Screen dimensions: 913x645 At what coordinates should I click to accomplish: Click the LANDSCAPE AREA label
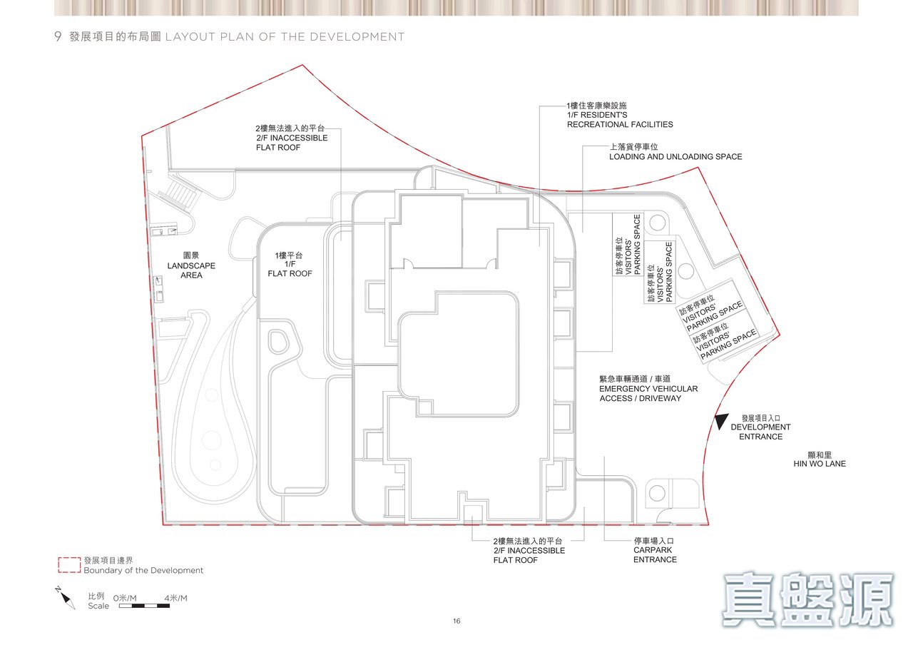pyautogui.click(x=191, y=265)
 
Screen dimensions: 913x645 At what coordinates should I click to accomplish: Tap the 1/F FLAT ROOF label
pyautogui.click(x=290, y=265)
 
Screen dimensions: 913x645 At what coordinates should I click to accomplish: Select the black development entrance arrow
pyautogui.click(x=720, y=421)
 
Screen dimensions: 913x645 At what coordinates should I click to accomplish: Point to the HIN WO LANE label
pyautogui.click(x=820, y=459)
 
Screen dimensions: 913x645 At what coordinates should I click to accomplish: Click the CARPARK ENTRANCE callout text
pyautogui.click(x=655, y=550)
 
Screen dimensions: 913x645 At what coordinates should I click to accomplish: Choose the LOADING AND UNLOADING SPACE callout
pyautogui.click(x=675, y=152)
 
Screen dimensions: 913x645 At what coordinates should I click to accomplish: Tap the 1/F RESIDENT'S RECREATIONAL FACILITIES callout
pyautogui.click(x=620, y=116)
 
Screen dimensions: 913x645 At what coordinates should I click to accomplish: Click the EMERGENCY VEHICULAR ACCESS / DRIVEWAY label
pyautogui.click(x=648, y=389)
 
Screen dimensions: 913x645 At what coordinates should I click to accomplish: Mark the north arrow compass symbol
pyautogui.click(x=65, y=598)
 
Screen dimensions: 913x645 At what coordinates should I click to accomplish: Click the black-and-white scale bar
pyautogui.click(x=144, y=606)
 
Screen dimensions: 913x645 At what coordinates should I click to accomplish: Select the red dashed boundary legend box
pyautogui.click(x=69, y=564)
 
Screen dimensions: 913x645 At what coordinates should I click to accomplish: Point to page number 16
pyautogui.click(x=456, y=621)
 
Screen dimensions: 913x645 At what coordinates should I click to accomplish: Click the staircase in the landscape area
pyautogui.click(x=183, y=193)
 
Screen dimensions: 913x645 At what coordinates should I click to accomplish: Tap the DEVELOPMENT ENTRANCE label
pyautogui.click(x=760, y=427)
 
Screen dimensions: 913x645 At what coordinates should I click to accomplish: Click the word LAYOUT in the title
pyautogui.click(x=190, y=36)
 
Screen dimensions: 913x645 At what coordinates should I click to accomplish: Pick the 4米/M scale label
pyautogui.click(x=175, y=598)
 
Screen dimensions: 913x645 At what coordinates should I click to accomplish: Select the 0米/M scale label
pyautogui.click(x=125, y=598)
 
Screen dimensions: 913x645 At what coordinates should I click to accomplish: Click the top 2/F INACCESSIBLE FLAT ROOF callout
pyautogui.click(x=292, y=138)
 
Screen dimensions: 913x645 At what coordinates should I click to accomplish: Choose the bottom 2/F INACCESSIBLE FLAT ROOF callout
pyautogui.click(x=529, y=550)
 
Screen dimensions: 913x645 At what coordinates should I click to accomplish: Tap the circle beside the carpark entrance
pyautogui.click(x=657, y=493)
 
